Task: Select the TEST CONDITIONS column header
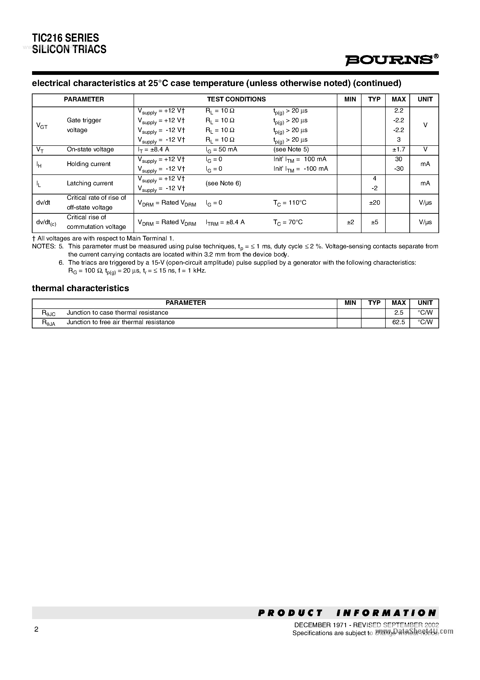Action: point(236,100)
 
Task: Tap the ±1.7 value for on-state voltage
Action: point(398,150)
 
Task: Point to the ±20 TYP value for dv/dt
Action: point(374,203)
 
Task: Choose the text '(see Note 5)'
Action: point(291,150)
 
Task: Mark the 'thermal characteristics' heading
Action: point(80,288)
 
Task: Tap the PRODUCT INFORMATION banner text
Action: point(347,613)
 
